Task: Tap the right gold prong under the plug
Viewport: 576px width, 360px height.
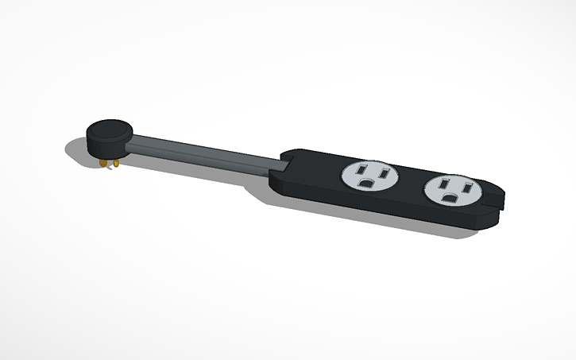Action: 115,164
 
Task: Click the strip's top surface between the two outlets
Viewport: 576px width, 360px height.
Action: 409,183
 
